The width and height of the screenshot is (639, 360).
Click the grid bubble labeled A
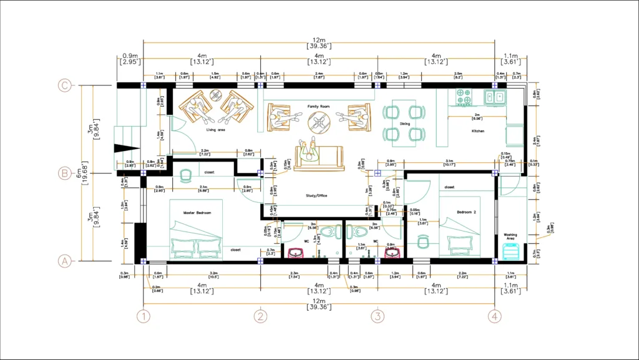63,261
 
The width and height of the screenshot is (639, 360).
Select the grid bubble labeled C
63,85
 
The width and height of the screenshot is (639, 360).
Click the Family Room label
319,107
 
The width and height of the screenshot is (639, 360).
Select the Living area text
215,130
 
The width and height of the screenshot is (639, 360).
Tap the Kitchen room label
478,131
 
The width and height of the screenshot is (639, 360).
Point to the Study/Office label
316,195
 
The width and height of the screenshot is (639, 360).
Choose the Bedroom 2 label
466,212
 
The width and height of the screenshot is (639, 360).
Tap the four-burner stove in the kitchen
464,97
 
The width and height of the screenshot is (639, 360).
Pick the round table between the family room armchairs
319,122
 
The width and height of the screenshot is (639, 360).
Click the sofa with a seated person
319,156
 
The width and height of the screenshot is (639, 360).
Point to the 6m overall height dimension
79,173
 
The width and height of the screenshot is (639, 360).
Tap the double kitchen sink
497,97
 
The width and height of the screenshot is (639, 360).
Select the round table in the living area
215,95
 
